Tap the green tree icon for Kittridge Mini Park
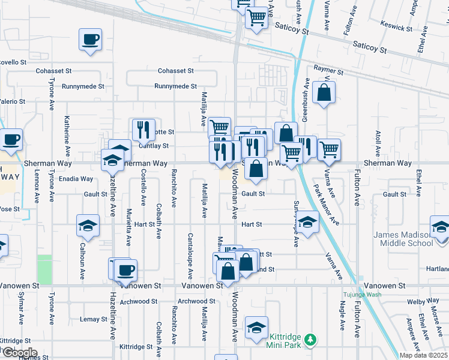(310, 340)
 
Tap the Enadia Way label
(76, 179)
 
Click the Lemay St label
(93, 319)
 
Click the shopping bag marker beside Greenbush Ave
(324, 93)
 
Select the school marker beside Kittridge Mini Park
(256, 328)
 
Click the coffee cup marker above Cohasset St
(90, 40)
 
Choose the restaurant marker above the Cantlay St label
(143, 128)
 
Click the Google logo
(19, 353)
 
